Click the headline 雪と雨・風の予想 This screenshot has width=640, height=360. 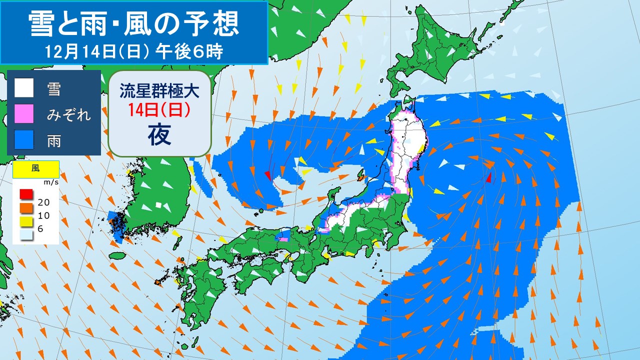click(133, 23)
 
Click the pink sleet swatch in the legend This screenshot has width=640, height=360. click(24, 114)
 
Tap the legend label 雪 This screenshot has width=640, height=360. click(54, 89)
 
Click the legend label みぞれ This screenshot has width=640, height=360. click(69, 114)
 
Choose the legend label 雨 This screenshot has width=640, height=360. click(54, 140)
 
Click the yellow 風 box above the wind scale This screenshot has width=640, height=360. click(36, 169)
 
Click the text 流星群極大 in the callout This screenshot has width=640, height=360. click(159, 91)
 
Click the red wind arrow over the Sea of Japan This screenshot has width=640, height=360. click(268, 175)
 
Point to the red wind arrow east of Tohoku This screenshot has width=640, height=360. click(488, 177)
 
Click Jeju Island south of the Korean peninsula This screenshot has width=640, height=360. click(117, 256)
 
